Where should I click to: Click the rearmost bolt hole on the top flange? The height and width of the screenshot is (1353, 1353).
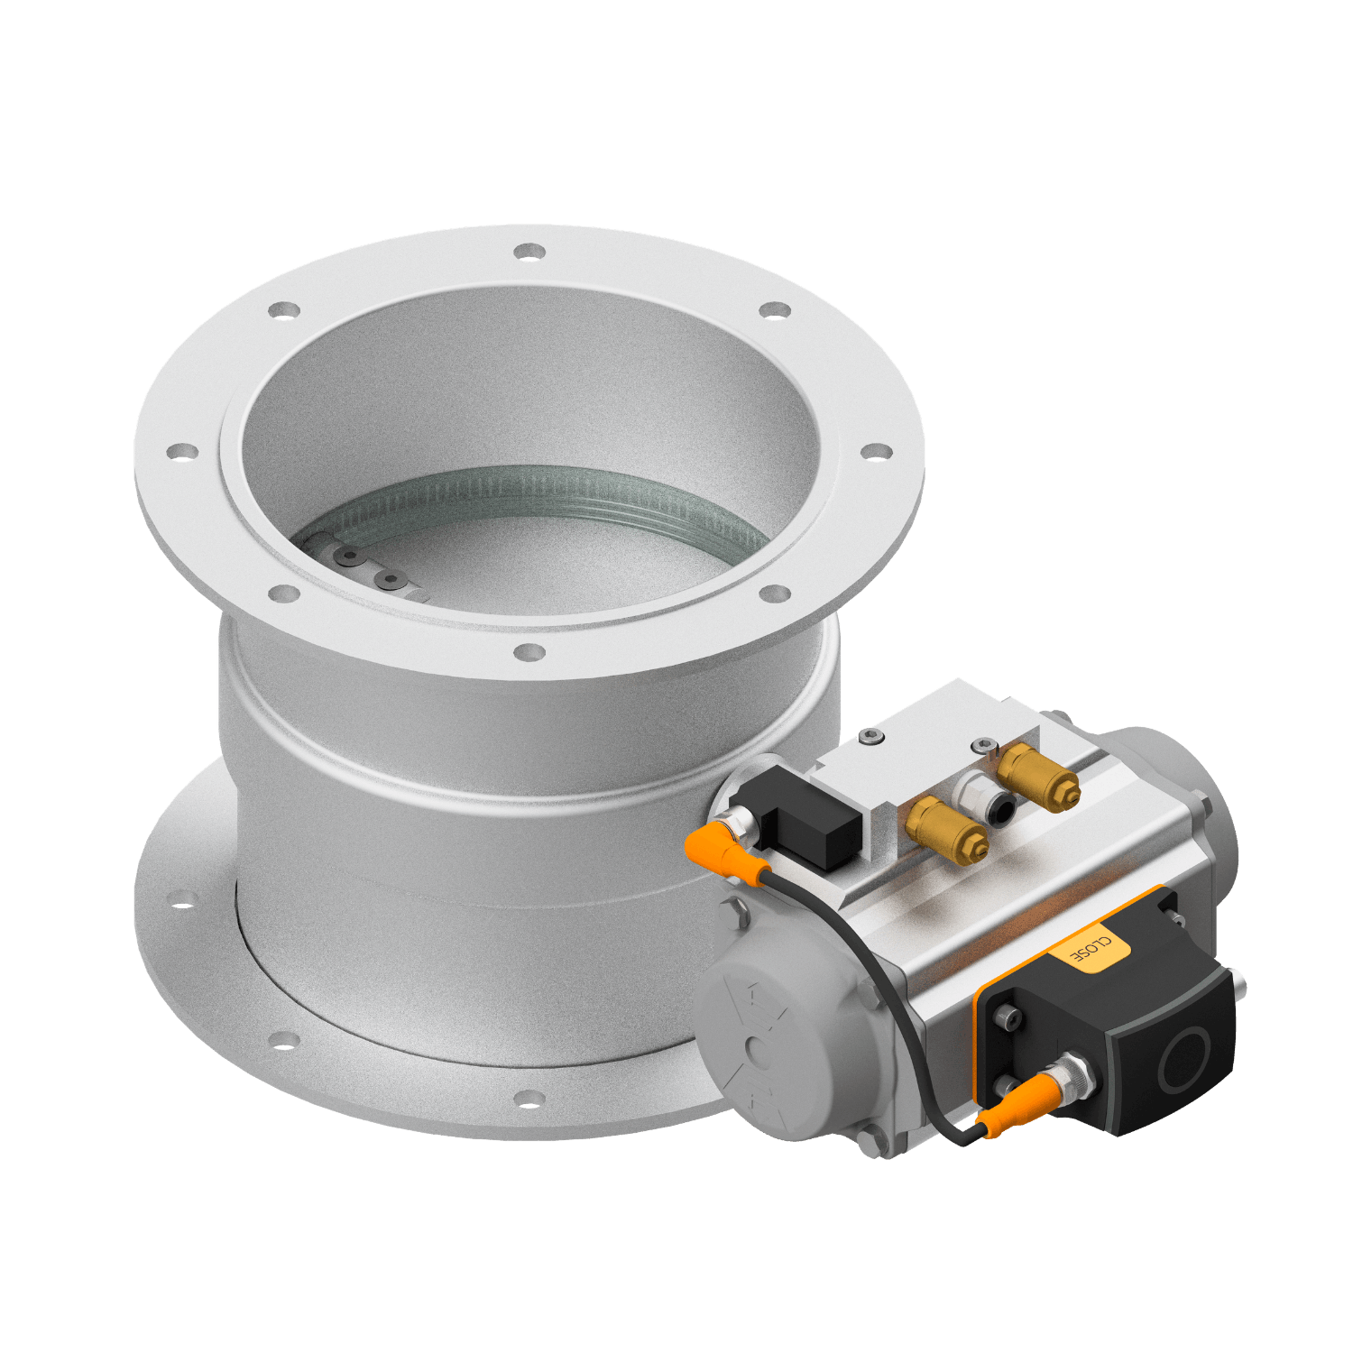(x=529, y=251)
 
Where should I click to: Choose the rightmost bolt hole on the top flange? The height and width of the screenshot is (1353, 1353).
(x=874, y=451)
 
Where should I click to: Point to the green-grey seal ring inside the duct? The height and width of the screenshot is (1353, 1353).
(x=541, y=492)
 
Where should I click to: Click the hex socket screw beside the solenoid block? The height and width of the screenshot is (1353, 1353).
(x=870, y=739)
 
